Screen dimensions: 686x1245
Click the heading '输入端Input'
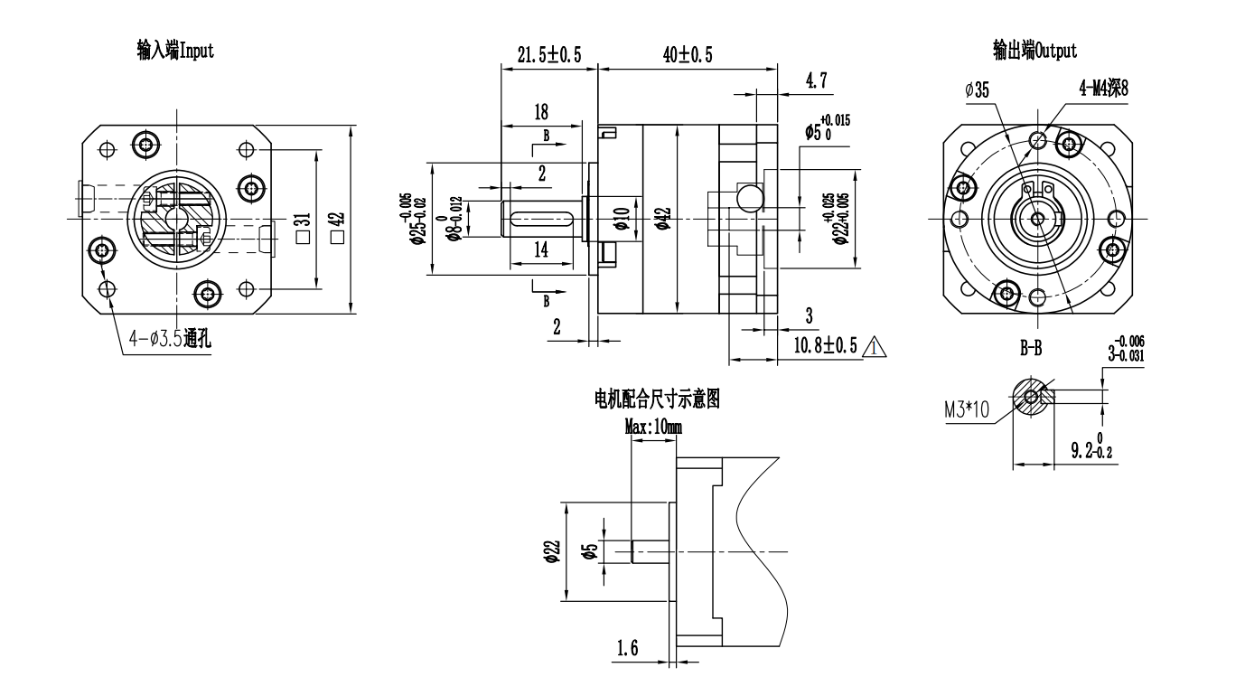tap(174, 51)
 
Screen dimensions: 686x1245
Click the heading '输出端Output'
tap(1035, 51)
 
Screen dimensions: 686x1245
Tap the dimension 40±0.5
tap(688, 55)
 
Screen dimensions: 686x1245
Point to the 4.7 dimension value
tap(816, 81)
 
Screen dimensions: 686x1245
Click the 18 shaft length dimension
tap(541, 113)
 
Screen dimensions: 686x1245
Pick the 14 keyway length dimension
tap(540, 249)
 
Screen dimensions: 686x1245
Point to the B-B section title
tap(1030, 349)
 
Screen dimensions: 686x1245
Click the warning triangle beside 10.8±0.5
tap(874, 346)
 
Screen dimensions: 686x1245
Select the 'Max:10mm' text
tap(653, 428)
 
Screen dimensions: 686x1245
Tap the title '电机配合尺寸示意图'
tap(656, 399)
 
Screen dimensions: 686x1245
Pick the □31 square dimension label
tap(303, 221)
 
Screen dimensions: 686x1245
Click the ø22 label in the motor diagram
tap(554, 550)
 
